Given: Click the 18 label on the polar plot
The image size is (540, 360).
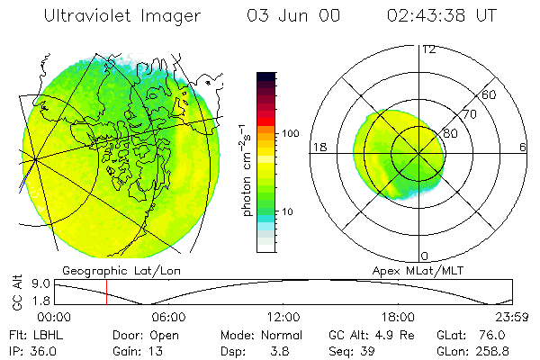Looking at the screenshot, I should click(x=318, y=146).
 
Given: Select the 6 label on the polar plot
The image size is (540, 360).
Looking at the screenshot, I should click(x=523, y=146).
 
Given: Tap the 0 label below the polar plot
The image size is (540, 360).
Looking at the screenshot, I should click(x=425, y=256).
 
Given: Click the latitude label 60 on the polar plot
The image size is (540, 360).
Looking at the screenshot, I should click(x=490, y=94).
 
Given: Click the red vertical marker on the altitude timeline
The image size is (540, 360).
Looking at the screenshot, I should click(x=106, y=292).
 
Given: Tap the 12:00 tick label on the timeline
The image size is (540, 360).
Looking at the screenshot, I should click(x=283, y=317).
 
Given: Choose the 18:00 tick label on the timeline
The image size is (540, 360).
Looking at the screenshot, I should click(x=399, y=317).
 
